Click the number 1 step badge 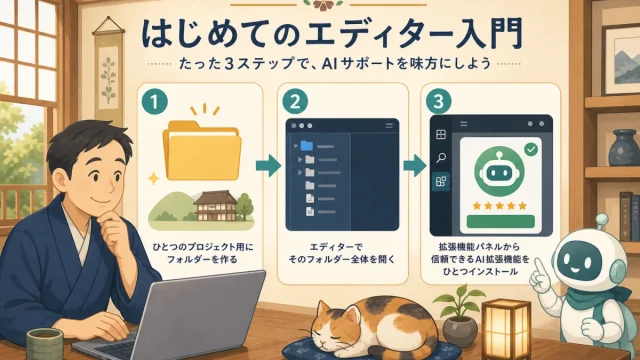tap(154, 102)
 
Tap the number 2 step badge tap(295, 102)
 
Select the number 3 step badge tap(438, 102)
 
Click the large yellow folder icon tap(202, 150)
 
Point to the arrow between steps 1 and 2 tap(269, 165)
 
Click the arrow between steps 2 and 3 tap(415, 165)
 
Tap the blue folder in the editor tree tap(307, 145)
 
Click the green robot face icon tap(499, 171)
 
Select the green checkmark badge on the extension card tap(531, 149)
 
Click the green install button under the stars tap(500, 222)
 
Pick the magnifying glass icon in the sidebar tap(441, 158)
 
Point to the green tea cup tap(45, 344)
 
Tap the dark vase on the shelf tap(624, 148)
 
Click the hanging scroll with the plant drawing tap(109, 73)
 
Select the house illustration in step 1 tap(216, 206)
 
